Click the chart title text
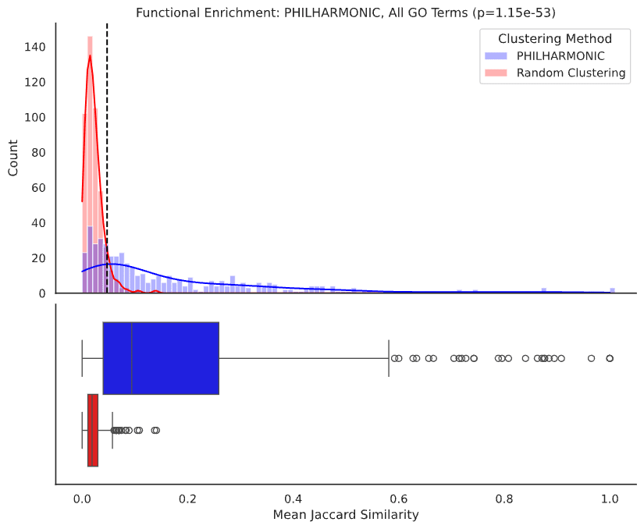coord(346,13)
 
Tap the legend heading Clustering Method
coord(556,39)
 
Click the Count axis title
coord(14,158)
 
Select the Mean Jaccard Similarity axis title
coord(346,515)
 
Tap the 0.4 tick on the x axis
coord(294,497)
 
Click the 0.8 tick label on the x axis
coord(504,497)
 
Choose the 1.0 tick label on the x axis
coord(610,497)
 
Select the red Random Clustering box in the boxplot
coord(93,430)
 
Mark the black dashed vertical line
coord(107,156)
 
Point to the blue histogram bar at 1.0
coord(612,290)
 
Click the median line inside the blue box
coord(132,358)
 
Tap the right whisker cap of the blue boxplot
coord(389,358)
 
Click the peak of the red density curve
coord(90,55)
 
